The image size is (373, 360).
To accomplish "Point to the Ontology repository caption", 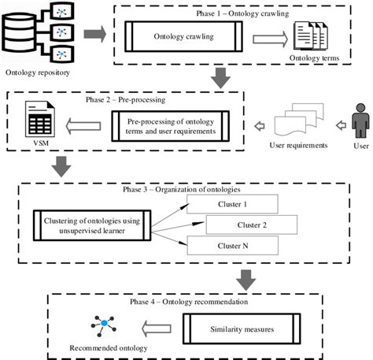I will pos(37,74).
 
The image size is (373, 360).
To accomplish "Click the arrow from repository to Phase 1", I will pos(95,35).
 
